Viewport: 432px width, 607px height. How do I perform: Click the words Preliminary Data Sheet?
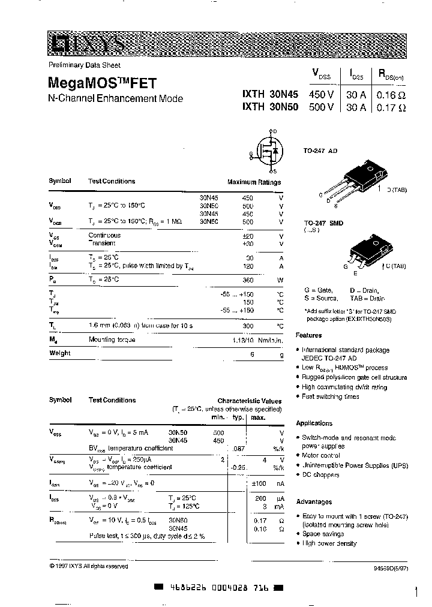tap(85, 65)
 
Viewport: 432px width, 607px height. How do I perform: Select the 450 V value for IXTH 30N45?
tap(321, 95)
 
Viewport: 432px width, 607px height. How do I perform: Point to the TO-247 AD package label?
tap(320, 151)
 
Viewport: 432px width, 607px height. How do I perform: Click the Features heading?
tap(309, 335)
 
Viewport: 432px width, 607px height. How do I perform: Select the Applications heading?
tap(314, 423)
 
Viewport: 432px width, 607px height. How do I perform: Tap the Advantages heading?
tap(314, 501)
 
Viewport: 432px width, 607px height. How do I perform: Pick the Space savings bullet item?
tap(324, 533)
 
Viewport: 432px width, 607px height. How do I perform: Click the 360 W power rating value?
tap(247, 280)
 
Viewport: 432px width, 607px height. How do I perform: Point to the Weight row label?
tap(60, 353)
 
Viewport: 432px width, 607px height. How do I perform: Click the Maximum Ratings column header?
tap(254, 182)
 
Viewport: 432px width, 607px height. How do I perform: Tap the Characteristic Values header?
tap(249, 401)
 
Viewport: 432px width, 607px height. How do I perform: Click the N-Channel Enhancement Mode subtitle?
tap(115, 99)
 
